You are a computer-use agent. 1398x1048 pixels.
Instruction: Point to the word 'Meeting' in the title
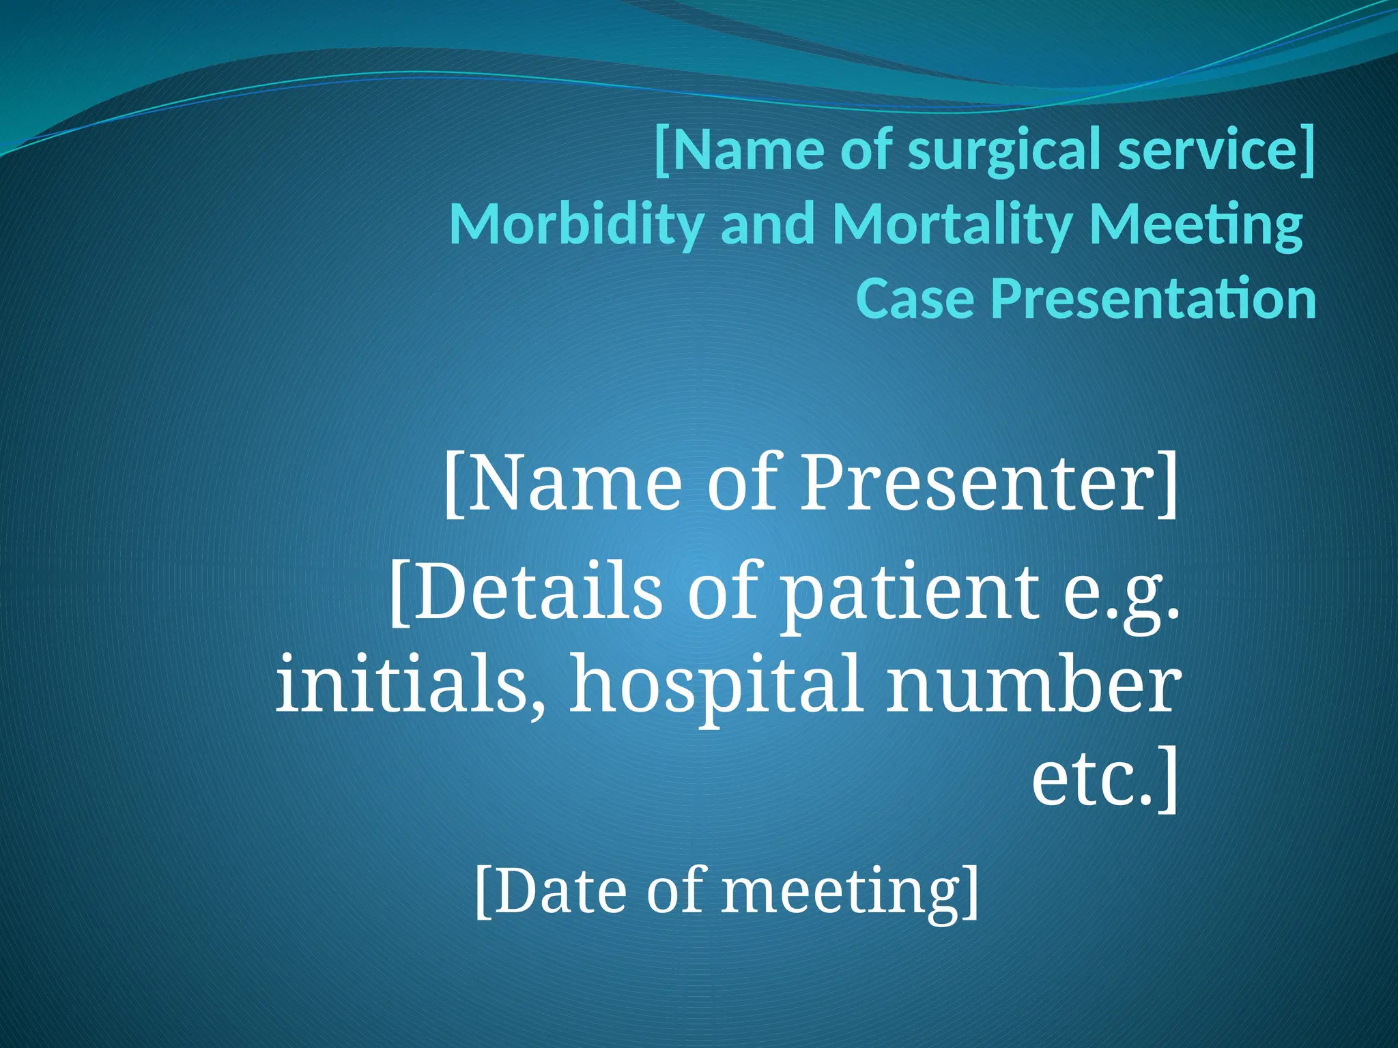[1195, 225]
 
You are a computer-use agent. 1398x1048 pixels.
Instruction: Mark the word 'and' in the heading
[768, 225]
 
